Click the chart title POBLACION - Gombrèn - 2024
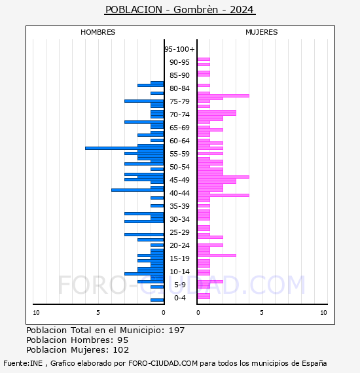[x=180, y=10]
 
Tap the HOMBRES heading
[x=98, y=32]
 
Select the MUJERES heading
[x=262, y=32]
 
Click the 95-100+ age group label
[x=179, y=49]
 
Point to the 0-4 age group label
[x=180, y=298]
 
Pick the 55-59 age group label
[x=179, y=154]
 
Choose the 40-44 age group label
[x=179, y=193]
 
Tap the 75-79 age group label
[x=179, y=101]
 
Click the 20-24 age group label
[x=179, y=245]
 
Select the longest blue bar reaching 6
[x=124, y=148]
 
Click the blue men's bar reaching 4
[x=137, y=190]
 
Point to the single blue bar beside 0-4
[x=157, y=300]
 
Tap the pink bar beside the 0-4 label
[x=204, y=296]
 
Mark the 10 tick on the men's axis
[x=36, y=313]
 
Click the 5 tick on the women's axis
[x=262, y=313]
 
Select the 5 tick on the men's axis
[x=98, y=313]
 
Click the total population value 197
[x=177, y=330]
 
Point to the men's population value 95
[x=123, y=340]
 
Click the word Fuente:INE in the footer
[x=23, y=363]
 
